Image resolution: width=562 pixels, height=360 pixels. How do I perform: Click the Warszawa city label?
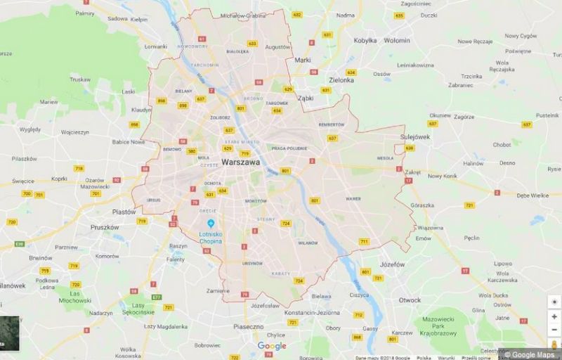pos(240,162)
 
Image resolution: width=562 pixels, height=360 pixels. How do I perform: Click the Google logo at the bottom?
pos(271,346)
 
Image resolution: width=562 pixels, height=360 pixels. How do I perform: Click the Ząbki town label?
pos(306,98)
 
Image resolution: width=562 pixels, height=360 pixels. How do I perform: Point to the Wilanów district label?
pos(308,243)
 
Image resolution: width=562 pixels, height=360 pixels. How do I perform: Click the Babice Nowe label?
pos(129,141)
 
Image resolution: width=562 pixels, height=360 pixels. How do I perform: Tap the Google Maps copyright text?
pos(531,354)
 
